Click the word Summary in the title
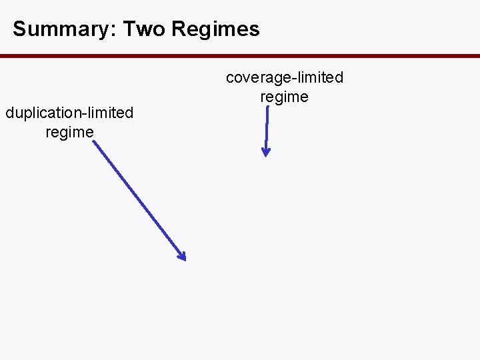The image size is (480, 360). click(x=55, y=29)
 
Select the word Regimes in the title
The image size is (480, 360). click(x=215, y=29)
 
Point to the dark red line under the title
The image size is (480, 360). click(x=240, y=56)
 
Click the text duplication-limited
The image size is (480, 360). click(x=69, y=113)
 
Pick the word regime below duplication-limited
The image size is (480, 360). click(x=69, y=132)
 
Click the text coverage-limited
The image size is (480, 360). click(x=285, y=78)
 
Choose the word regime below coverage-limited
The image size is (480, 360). click(x=285, y=97)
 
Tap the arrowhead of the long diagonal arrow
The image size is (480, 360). click(x=181, y=255)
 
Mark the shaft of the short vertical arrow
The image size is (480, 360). click(x=266, y=130)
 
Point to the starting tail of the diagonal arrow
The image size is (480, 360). click(x=94, y=142)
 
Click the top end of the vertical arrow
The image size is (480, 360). click(x=267, y=109)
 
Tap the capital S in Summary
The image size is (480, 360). click(x=19, y=29)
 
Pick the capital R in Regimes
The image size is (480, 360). click(x=178, y=29)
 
